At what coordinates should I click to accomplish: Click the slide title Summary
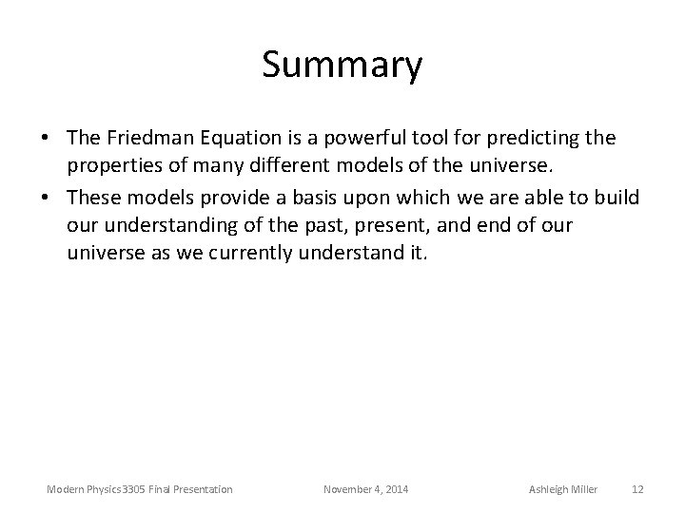(x=342, y=66)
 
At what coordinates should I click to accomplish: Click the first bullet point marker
(x=46, y=140)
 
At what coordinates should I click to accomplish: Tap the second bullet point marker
(x=46, y=197)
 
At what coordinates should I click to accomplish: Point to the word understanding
(x=166, y=225)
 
